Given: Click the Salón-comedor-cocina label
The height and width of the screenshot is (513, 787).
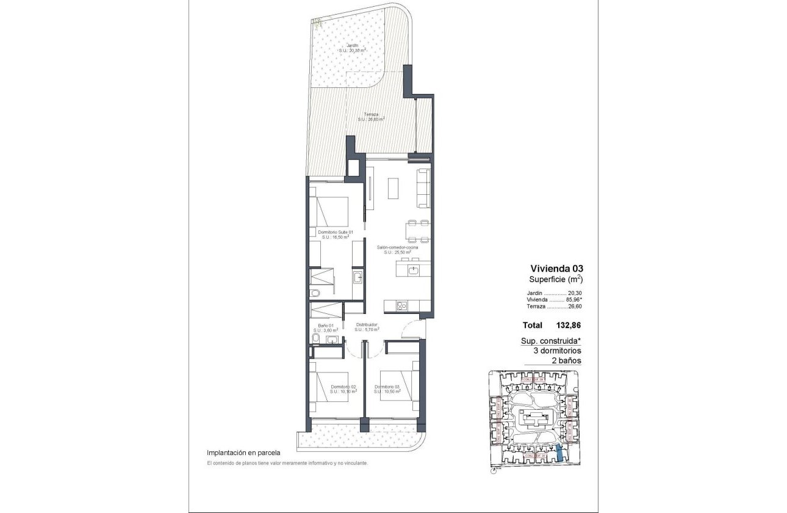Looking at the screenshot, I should (x=397, y=247).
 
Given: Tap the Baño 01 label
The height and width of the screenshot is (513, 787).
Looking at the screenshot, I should (x=326, y=325).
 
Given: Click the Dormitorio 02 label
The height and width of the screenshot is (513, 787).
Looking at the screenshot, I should (x=343, y=387).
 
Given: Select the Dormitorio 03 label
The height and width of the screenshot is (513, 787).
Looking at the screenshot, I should (x=387, y=387).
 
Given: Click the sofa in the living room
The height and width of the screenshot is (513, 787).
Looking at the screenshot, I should (x=422, y=189).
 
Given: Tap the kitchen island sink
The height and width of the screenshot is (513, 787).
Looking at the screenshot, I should (x=414, y=269).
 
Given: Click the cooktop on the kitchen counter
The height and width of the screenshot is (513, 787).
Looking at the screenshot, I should (x=403, y=306).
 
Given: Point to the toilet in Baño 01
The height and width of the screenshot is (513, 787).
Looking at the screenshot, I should (x=314, y=338).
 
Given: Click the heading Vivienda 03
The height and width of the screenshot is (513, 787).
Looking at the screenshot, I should (x=555, y=268).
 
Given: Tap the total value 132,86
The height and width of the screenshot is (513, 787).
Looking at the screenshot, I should (x=569, y=326).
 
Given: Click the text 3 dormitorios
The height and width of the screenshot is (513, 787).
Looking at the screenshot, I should (x=557, y=351).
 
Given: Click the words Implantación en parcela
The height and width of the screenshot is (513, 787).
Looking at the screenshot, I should (x=243, y=453).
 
